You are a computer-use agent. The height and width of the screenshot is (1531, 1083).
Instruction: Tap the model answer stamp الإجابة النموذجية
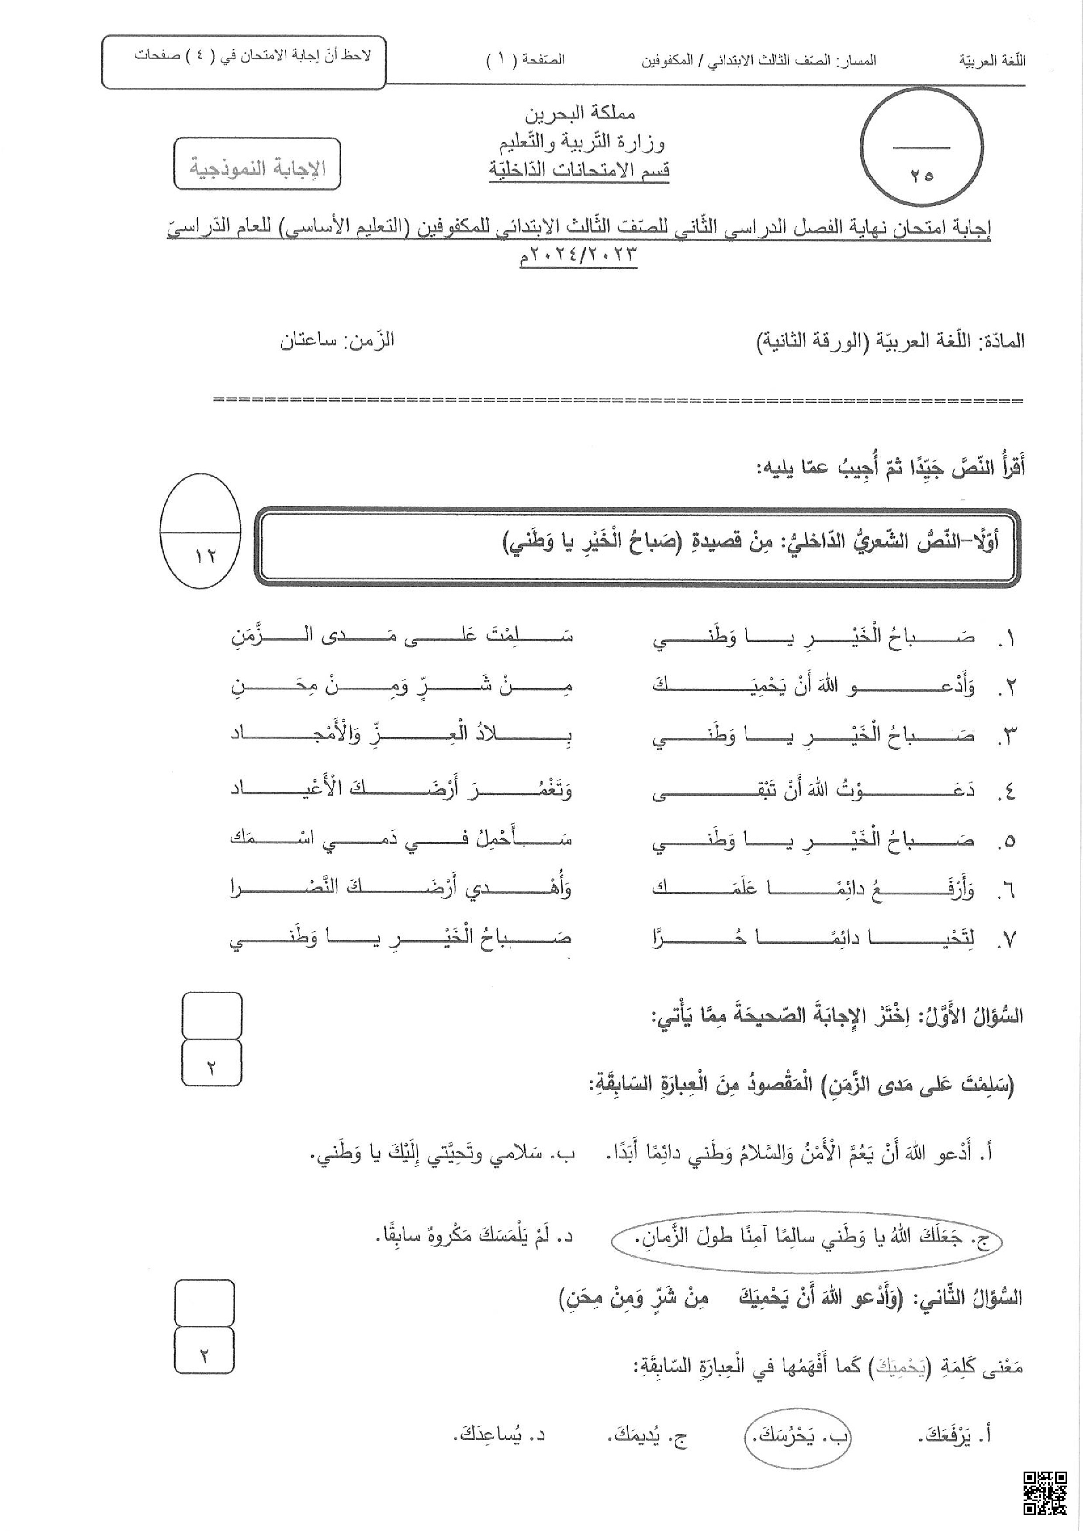point(257,165)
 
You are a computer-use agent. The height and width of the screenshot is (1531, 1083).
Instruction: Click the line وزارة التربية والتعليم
point(581,142)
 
